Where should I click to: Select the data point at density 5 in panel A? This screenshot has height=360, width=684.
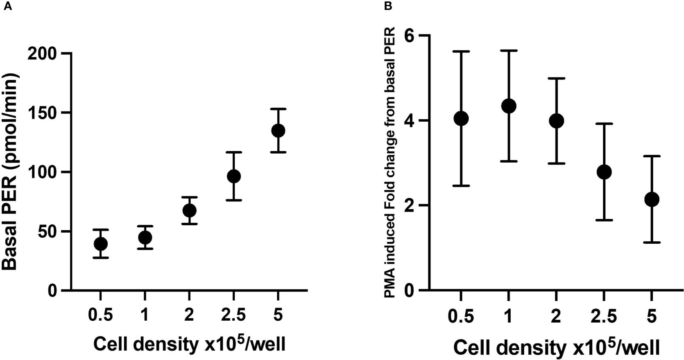coord(278,131)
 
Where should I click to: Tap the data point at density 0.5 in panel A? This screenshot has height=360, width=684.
coord(101,244)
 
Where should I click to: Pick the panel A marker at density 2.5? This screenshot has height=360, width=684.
coord(233,177)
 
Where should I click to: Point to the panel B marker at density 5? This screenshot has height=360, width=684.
coord(652,199)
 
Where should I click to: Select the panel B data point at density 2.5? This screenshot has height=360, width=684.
coord(604,172)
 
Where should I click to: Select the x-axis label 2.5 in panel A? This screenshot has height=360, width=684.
coord(233,316)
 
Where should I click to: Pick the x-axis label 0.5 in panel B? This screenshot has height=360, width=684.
coord(461,317)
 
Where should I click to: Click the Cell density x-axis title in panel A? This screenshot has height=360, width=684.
coord(189,344)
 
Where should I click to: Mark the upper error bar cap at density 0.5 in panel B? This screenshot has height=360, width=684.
coord(461,52)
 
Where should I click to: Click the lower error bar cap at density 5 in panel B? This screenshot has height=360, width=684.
coord(652,242)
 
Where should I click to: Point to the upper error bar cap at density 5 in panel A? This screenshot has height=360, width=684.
coord(278,109)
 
